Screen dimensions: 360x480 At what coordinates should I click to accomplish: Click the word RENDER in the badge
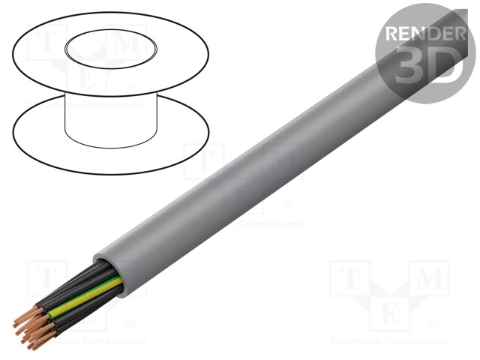click(x=424, y=33)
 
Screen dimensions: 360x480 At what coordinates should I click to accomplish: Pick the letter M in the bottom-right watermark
click(x=429, y=278)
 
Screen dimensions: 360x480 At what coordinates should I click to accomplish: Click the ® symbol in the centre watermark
click(x=287, y=206)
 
